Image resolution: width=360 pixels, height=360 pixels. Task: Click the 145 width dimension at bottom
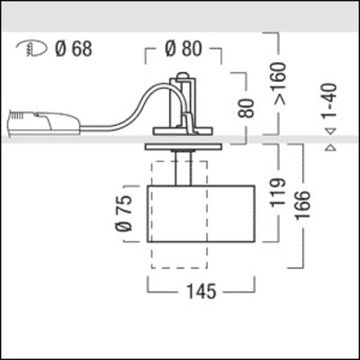(x=185, y=292)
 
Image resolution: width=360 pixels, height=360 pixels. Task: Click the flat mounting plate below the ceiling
(x=184, y=147)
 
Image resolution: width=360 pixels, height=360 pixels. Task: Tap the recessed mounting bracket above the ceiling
(x=184, y=108)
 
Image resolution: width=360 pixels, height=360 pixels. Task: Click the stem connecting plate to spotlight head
(x=184, y=167)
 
